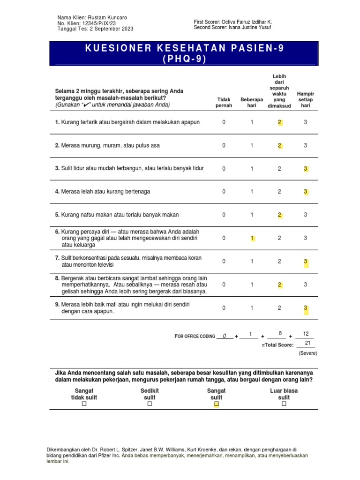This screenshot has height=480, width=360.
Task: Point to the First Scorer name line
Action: pos(232,22)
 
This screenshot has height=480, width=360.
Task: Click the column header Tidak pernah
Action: pos(224,103)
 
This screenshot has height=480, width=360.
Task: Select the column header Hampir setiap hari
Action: pos(305,100)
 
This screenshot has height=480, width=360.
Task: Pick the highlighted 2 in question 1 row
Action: pos(279,122)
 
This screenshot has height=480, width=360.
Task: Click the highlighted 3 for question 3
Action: pos(306,169)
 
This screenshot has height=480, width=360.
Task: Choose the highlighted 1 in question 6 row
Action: pos(252,238)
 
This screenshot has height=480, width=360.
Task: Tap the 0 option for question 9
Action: pos(224,308)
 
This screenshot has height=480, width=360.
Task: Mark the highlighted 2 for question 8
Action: pos(279,285)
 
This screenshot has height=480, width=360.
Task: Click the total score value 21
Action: pos(307,343)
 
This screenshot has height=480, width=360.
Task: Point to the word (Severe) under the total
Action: pos(308,353)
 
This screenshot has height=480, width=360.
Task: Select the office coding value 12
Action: pos(306,334)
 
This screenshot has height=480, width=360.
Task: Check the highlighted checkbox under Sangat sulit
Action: pos(216,404)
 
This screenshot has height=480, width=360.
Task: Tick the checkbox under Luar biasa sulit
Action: pos(284,404)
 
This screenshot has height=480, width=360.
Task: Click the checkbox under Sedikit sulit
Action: pos(150,404)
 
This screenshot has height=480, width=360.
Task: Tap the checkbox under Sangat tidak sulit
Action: pos(84,404)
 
